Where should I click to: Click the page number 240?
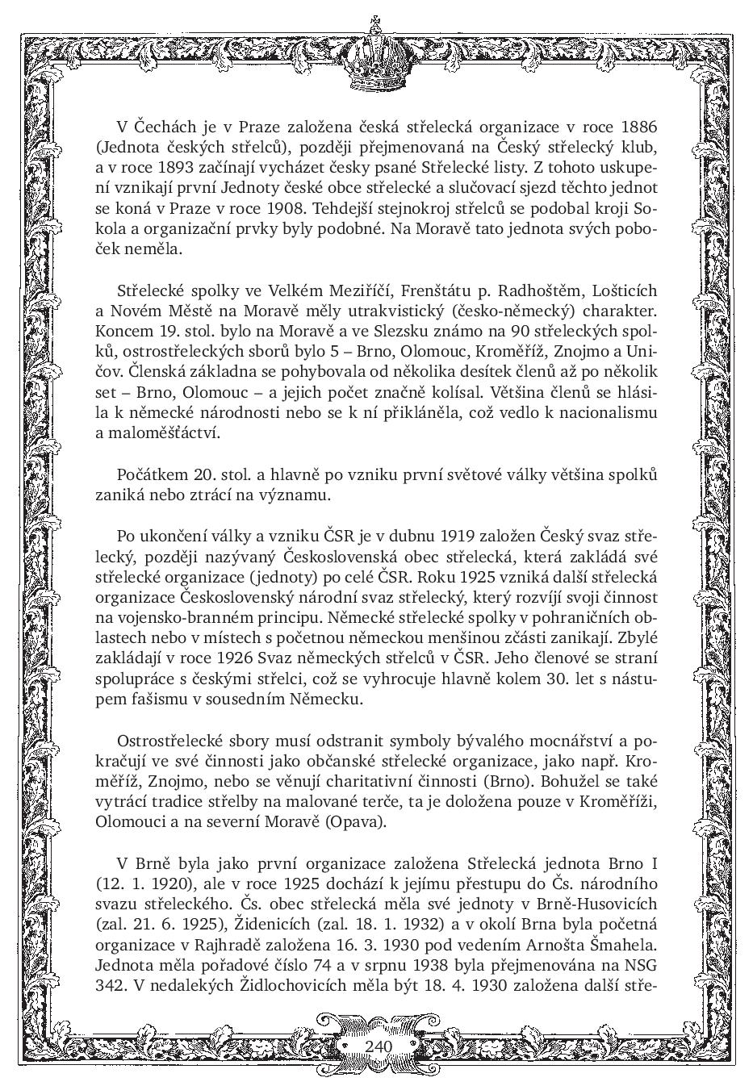pos(378,1046)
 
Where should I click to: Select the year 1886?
pos(638,127)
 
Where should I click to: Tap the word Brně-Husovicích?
pos(596,904)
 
